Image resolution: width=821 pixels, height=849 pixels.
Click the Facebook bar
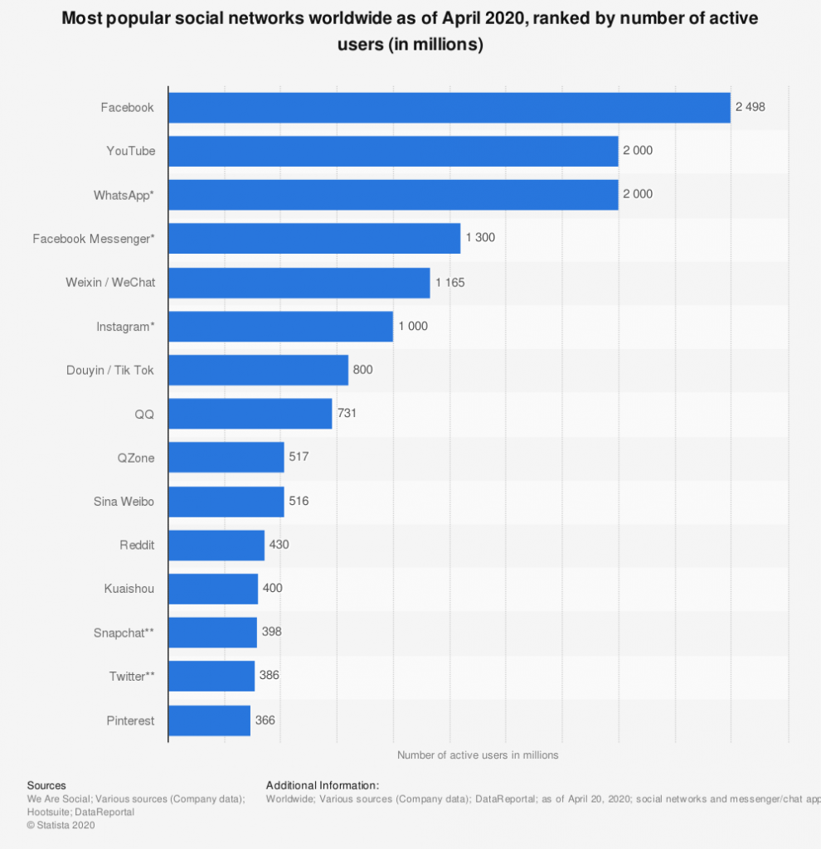pos(449,107)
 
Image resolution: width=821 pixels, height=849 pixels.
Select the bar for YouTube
pos(393,151)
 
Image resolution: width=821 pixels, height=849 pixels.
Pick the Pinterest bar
pos(209,720)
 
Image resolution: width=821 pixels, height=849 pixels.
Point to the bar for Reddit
pos(216,546)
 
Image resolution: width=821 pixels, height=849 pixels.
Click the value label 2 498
pos(751,107)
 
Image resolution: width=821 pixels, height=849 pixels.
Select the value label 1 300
pos(480,239)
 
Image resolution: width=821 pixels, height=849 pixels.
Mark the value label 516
pos(299,502)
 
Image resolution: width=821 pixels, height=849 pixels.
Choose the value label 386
pos(269,677)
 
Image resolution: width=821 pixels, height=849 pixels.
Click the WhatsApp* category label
pos(124,195)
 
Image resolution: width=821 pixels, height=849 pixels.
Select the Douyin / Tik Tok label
pos(109,370)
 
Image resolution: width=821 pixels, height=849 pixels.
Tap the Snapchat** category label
pos(124,633)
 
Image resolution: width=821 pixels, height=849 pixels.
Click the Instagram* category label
pos(125,327)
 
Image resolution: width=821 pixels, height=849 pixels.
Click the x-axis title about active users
pos(478,754)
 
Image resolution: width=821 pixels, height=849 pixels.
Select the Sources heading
pos(46,785)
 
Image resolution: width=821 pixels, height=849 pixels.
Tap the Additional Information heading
pos(323,785)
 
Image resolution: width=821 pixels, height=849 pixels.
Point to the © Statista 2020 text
pos(61,825)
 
